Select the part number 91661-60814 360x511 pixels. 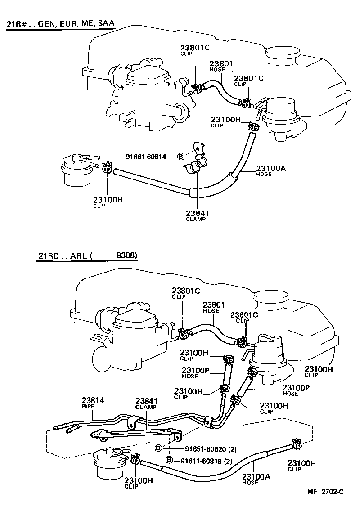(x=146, y=157)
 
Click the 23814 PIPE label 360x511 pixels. (x=93, y=402)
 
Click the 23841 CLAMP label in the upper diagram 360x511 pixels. (x=196, y=215)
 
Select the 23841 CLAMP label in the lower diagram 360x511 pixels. (x=146, y=403)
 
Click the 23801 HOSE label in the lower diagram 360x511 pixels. (x=213, y=307)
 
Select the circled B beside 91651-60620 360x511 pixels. (x=158, y=448)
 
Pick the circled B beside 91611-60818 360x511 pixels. (x=169, y=460)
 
